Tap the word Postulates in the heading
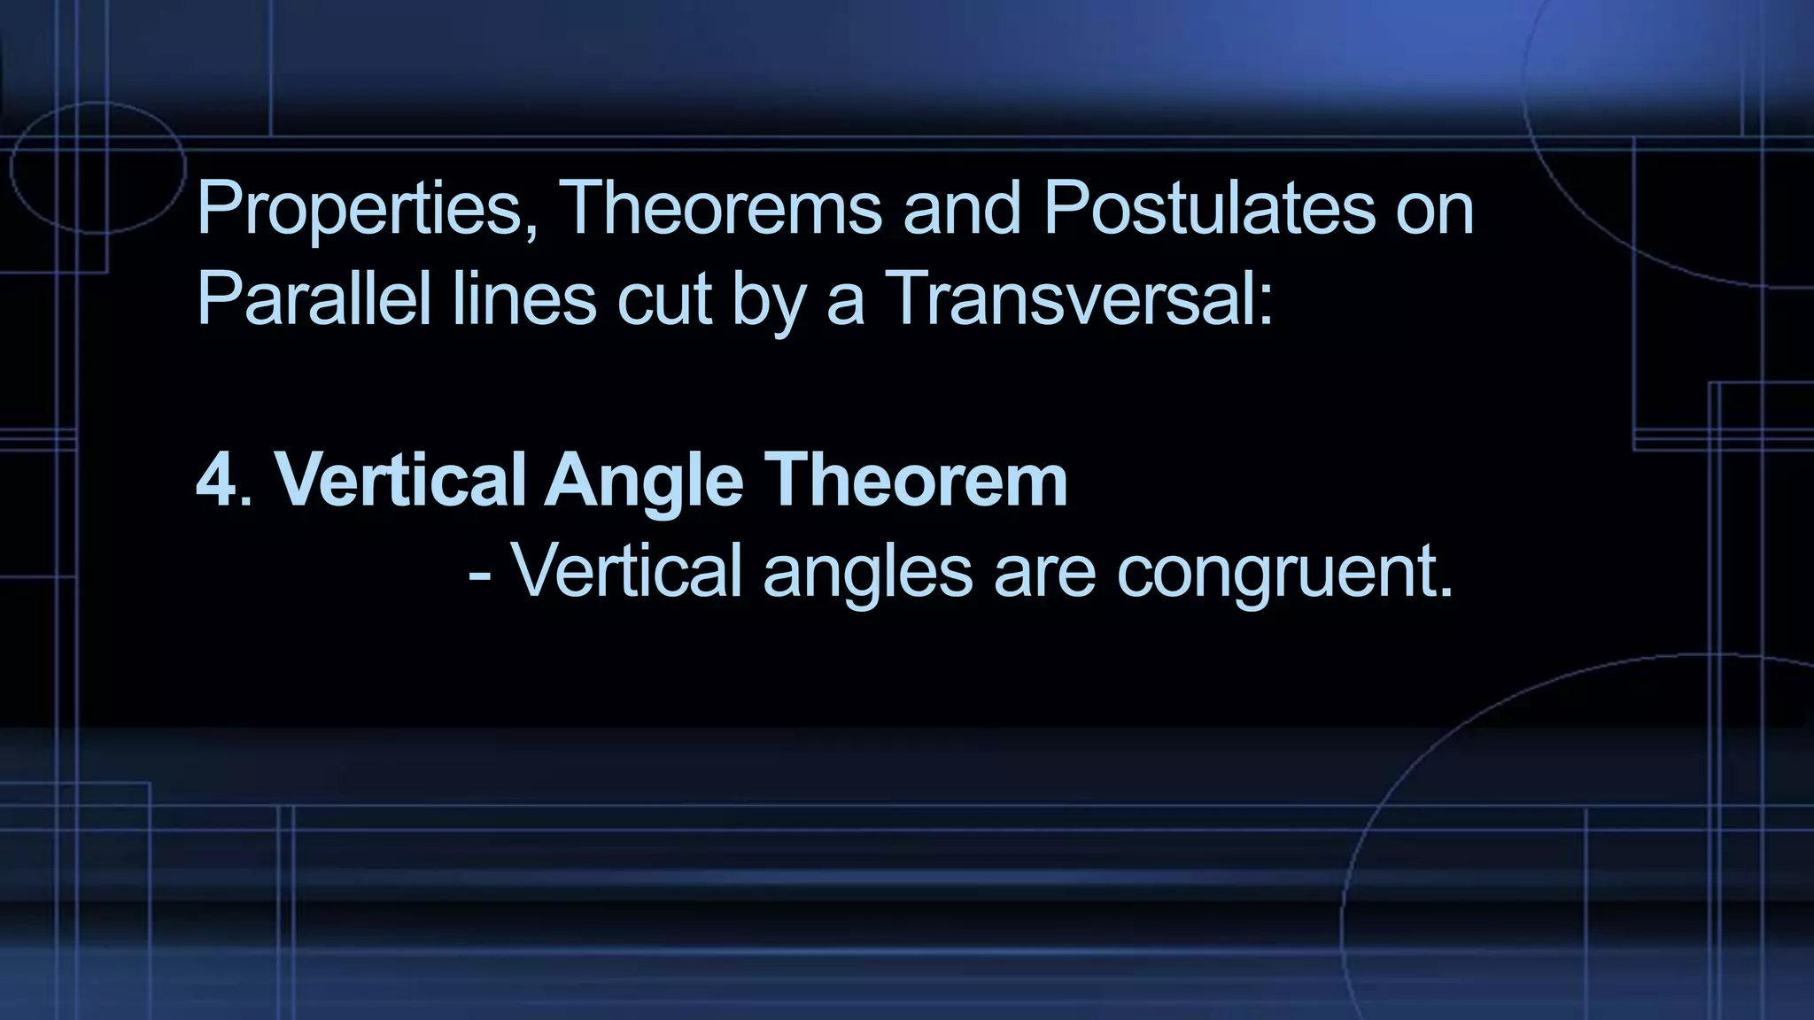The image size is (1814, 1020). (1209, 209)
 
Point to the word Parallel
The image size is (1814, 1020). (314, 299)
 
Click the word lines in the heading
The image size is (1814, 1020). (524, 299)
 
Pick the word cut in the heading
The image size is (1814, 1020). (664, 299)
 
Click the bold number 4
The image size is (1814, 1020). (216, 481)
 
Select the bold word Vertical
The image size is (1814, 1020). (399, 481)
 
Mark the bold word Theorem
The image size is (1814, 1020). (916, 481)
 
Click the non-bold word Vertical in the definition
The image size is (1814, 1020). (627, 571)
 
